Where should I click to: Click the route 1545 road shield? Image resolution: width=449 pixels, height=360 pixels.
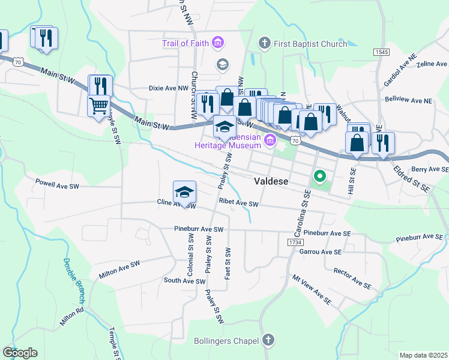(x=381, y=52)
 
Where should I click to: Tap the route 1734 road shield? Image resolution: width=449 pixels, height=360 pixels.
(x=295, y=242)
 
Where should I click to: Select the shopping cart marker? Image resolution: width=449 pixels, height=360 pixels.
(x=99, y=106)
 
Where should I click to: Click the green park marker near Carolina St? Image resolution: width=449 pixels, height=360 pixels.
(x=320, y=176)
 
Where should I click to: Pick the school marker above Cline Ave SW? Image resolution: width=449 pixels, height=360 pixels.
(x=185, y=191)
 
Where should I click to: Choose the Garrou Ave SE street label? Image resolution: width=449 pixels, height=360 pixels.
(x=320, y=252)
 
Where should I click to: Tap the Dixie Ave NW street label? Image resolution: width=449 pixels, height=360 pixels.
(x=169, y=88)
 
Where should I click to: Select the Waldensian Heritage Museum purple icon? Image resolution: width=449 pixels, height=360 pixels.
(x=270, y=141)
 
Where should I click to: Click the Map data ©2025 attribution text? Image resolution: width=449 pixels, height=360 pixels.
(x=423, y=355)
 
